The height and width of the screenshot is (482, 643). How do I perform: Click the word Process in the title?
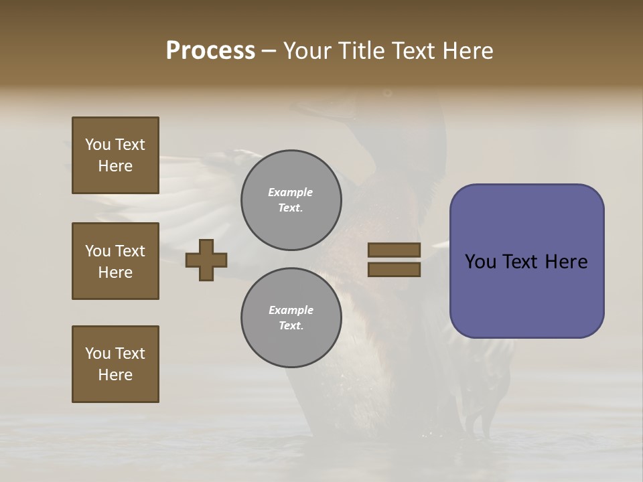tap(210, 51)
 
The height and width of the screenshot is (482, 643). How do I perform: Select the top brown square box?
tap(115, 155)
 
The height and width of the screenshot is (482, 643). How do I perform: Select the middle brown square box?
tap(115, 261)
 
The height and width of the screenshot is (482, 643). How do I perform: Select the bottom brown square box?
tap(115, 364)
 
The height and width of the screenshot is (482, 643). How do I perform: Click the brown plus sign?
tap(206, 260)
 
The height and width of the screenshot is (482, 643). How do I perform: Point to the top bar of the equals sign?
tap(395, 250)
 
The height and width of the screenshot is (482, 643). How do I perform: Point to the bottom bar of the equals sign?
tap(395, 269)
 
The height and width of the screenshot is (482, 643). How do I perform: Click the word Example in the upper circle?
tap(290, 192)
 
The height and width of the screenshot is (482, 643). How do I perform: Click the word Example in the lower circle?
tap(291, 310)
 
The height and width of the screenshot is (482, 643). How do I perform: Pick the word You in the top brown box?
tap(98, 145)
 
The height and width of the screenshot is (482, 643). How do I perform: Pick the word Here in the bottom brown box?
tap(115, 375)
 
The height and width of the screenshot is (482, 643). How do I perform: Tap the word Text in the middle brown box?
tap(130, 251)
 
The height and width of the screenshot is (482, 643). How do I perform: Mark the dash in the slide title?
tap(269, 51)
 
